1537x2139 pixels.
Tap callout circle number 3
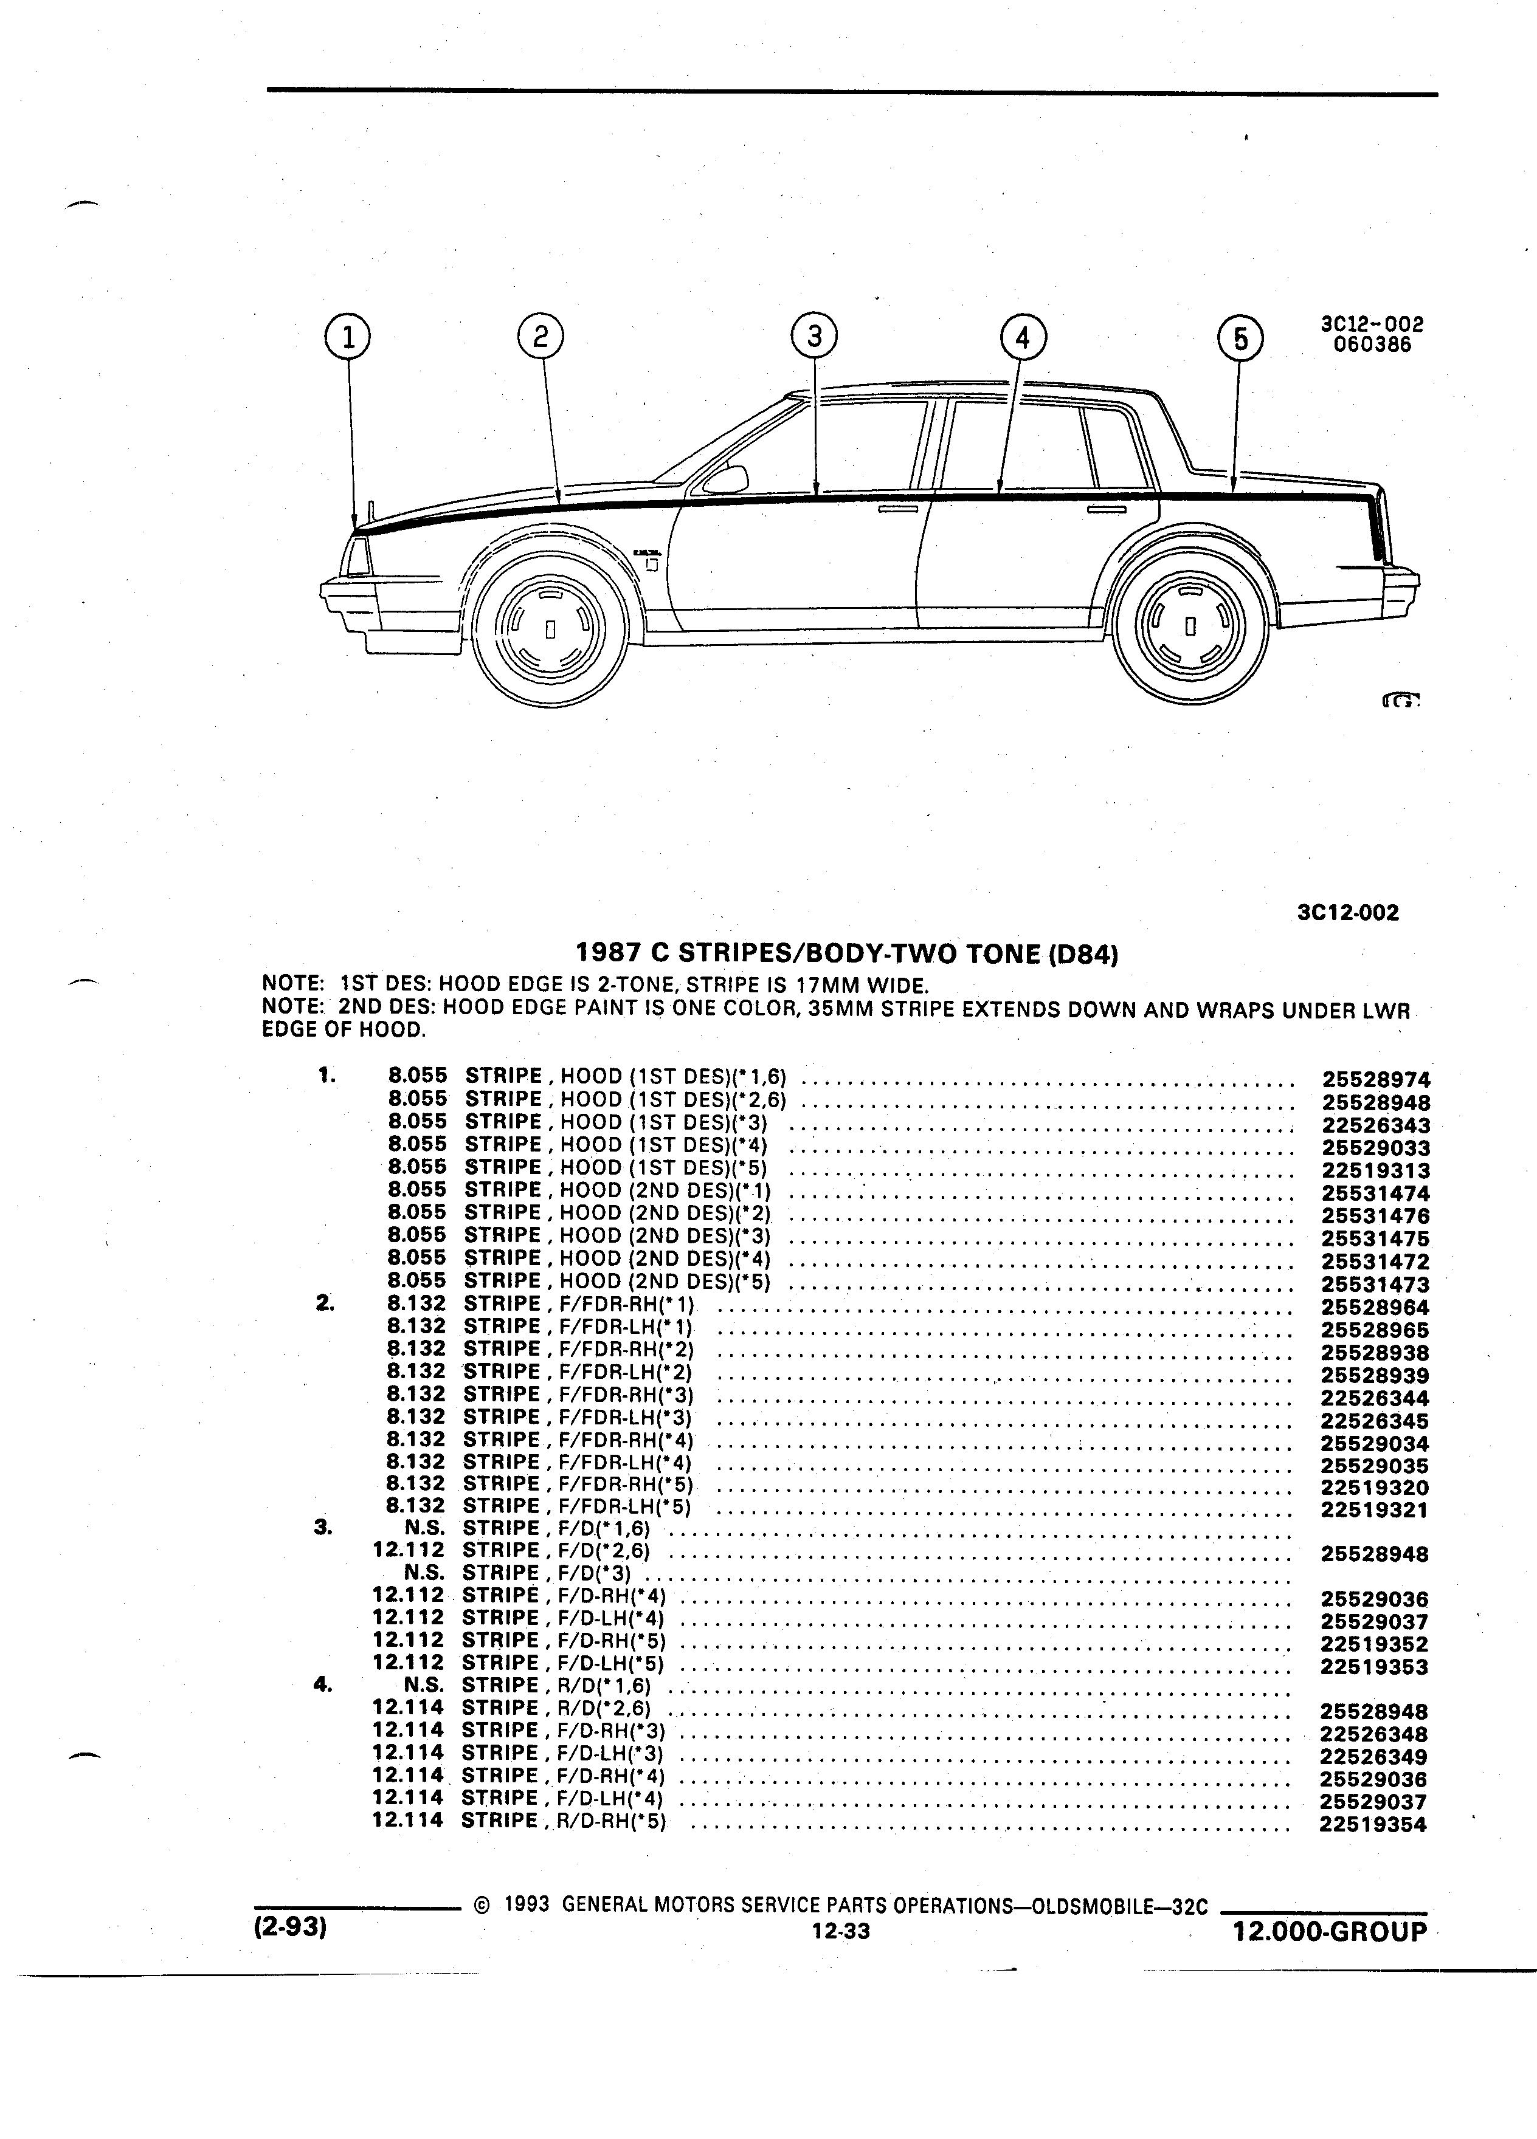(814, 336)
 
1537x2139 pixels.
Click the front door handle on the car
(897, 509)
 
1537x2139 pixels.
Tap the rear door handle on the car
(1106, 509)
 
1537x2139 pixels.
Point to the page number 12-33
(840, 1932)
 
